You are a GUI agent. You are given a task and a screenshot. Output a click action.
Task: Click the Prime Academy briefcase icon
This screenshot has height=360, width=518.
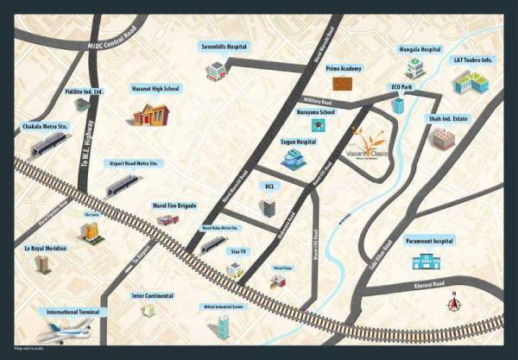pos(343,84)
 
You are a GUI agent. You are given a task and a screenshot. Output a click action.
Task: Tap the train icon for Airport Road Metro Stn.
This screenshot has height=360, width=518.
pos(122,184)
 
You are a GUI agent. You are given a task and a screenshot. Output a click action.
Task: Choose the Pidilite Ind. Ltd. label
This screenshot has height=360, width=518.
pos(84,91)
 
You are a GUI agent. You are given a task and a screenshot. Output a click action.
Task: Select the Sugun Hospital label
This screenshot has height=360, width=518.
pos(298,141)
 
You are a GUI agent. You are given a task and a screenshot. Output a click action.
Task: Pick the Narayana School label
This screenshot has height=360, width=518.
pos(315,111)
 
